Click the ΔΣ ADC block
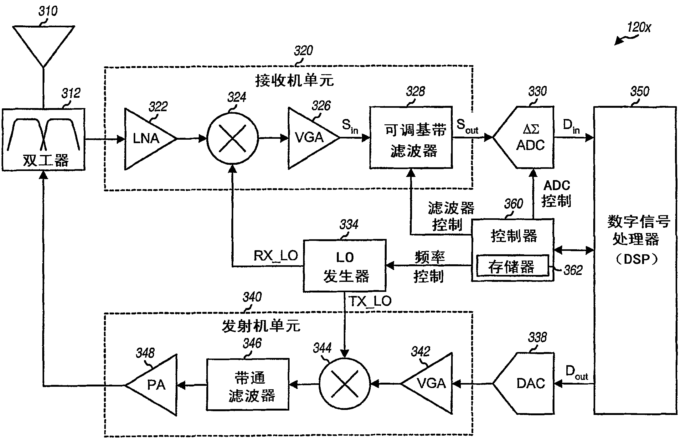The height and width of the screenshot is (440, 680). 523,137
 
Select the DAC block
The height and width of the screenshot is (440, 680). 523,383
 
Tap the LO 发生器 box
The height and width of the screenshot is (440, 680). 345,266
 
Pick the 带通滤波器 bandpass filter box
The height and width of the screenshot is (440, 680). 248,384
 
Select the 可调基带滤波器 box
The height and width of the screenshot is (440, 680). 411,137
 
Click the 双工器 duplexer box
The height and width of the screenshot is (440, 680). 44,140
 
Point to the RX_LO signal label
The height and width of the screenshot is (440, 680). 276,256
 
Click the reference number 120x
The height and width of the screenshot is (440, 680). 639,28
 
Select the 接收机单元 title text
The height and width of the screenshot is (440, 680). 294,81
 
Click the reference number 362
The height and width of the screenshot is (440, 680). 573,270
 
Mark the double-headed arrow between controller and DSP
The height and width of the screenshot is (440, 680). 574,250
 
